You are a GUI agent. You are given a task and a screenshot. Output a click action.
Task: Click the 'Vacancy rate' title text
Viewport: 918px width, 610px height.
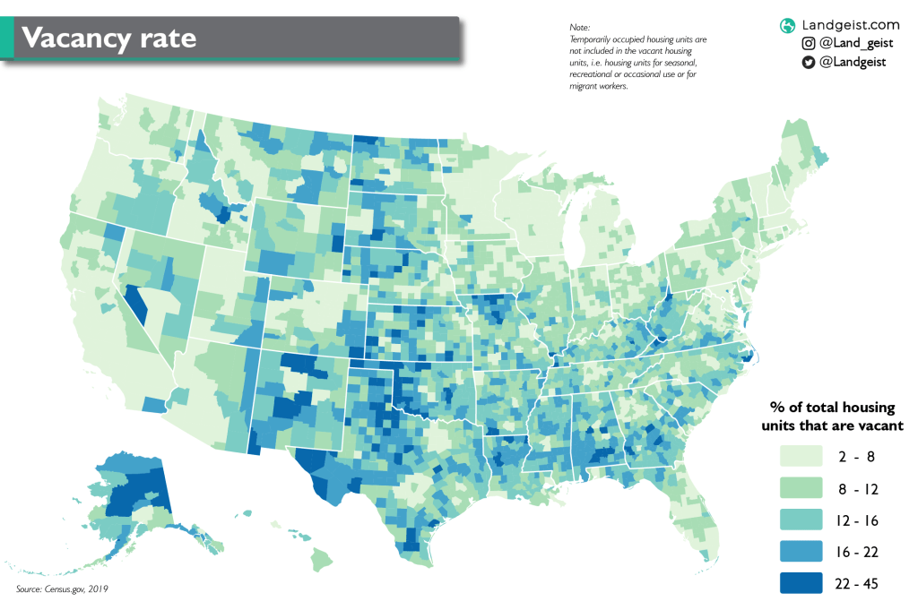point(108,39)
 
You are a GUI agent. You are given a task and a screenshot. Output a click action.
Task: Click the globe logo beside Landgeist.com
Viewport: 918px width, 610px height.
point(787,25)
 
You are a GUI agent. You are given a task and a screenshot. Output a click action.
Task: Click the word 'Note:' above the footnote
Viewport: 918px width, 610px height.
point(580,28)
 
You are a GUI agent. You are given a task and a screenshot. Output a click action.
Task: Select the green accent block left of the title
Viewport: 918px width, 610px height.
point(7,39)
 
